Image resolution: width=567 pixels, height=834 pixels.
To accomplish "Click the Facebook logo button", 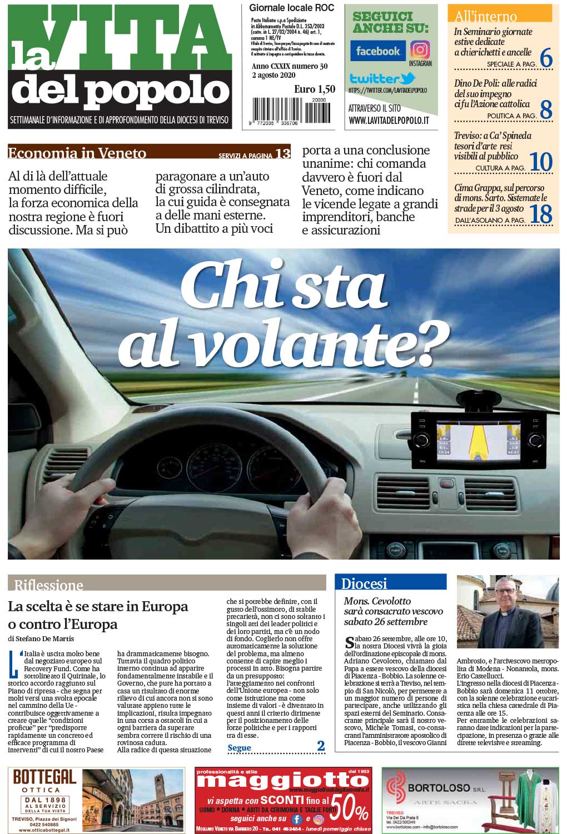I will tap(377, 51).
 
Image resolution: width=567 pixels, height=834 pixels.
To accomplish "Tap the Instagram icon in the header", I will tap(420, 51).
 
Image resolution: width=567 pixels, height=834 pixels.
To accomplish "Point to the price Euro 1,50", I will tap(315, 89).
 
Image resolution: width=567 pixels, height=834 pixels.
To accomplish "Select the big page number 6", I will tap(546, 58).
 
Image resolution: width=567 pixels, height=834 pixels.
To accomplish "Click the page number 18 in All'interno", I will tap(540, 214).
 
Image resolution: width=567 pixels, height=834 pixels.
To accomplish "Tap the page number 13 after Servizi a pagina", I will tap(282, 153).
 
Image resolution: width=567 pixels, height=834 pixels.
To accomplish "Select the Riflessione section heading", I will tap(49, 585).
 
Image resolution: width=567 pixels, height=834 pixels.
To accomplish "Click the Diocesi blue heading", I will tap(364, 583).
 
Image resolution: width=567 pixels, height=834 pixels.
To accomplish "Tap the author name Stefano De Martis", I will tap(44, 638).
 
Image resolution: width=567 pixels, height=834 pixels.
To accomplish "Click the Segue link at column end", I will tap(240, 748).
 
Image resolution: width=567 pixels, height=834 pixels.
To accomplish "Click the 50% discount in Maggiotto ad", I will tap(350, 808).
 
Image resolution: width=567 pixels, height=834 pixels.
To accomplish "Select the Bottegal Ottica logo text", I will tap(44, 777).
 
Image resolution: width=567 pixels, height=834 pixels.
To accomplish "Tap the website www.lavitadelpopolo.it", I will tap(389, 120).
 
